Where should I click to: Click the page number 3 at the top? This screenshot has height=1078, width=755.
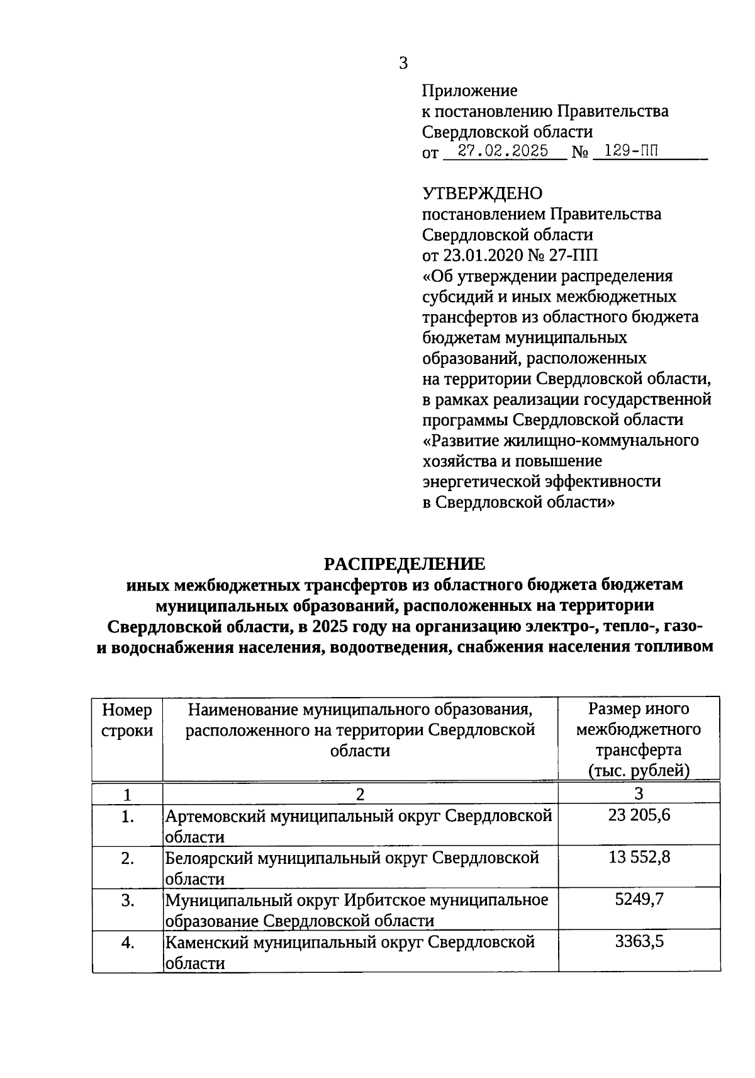(403, 63)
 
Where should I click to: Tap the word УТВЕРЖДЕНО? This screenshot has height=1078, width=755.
(481, 193)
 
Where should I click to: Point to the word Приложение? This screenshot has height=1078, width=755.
(469, 91)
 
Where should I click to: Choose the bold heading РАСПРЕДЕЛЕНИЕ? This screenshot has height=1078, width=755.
(405, 563)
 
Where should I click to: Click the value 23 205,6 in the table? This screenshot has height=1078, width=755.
(639, 815)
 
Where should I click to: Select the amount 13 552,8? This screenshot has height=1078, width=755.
(639, 858)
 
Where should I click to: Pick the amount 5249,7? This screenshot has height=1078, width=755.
(639, 900)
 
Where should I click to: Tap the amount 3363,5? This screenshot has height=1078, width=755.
(639, 942)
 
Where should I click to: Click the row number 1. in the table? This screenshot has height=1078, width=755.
(128, 817)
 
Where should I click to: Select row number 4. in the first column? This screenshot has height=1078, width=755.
(128, 943)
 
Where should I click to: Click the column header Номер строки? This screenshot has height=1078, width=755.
(127, 720)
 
